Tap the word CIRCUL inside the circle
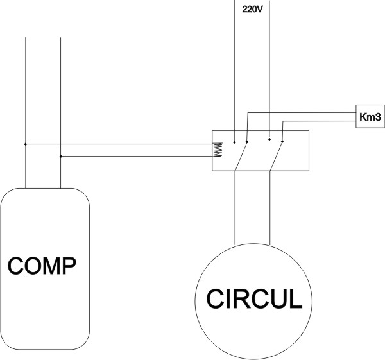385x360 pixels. (253, 299)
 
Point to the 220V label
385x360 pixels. (252, 11)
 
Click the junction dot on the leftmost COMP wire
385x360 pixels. (25, 144)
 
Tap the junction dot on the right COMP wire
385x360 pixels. (60, 156)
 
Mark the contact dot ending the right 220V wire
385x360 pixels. (269, 139)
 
